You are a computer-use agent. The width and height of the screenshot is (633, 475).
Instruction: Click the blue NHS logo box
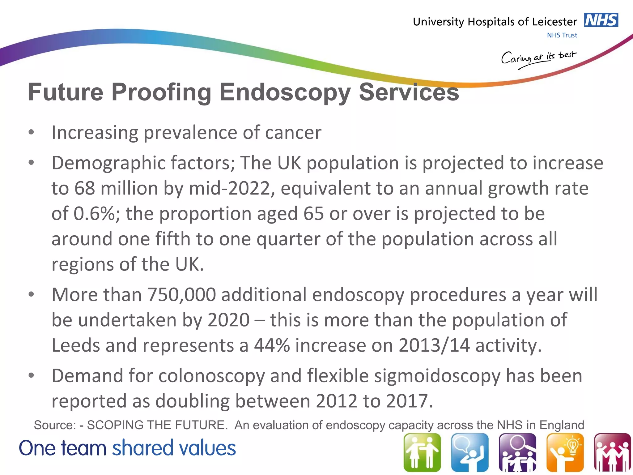[601, 20]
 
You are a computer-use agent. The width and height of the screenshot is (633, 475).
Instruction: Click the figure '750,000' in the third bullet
[181, 295]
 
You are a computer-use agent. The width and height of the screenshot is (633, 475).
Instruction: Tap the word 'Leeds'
[76, 345]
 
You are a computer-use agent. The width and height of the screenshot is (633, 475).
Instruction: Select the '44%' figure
[272, 345]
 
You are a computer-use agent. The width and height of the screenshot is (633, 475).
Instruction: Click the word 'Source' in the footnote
[55, 425]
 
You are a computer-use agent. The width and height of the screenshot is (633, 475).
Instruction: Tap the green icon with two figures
[422, 452]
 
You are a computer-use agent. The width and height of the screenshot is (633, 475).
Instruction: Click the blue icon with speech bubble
[470, 452]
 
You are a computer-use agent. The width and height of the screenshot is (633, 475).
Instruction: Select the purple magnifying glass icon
[517, 452]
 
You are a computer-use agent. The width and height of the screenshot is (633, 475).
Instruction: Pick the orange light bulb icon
[565, 452]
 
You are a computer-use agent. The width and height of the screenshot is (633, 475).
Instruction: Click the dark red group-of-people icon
[612, 452]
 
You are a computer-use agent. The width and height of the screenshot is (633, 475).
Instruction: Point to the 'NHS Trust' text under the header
[562, 35]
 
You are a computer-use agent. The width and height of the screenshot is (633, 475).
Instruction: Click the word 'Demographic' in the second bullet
[108, 163]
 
